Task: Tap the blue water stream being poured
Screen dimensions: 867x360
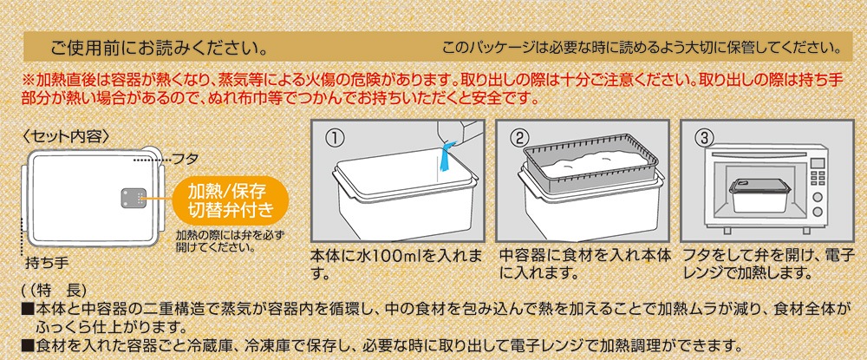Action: pyautogui.click(x=445, y=160)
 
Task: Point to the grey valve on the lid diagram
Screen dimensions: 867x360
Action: pyautogui.click(x=133, y=198)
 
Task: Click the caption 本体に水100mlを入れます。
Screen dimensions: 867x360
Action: pyautogui.click(x=396, y=265)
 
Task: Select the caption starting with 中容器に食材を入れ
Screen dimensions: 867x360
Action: pyautogui.click(x=585, y=265)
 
